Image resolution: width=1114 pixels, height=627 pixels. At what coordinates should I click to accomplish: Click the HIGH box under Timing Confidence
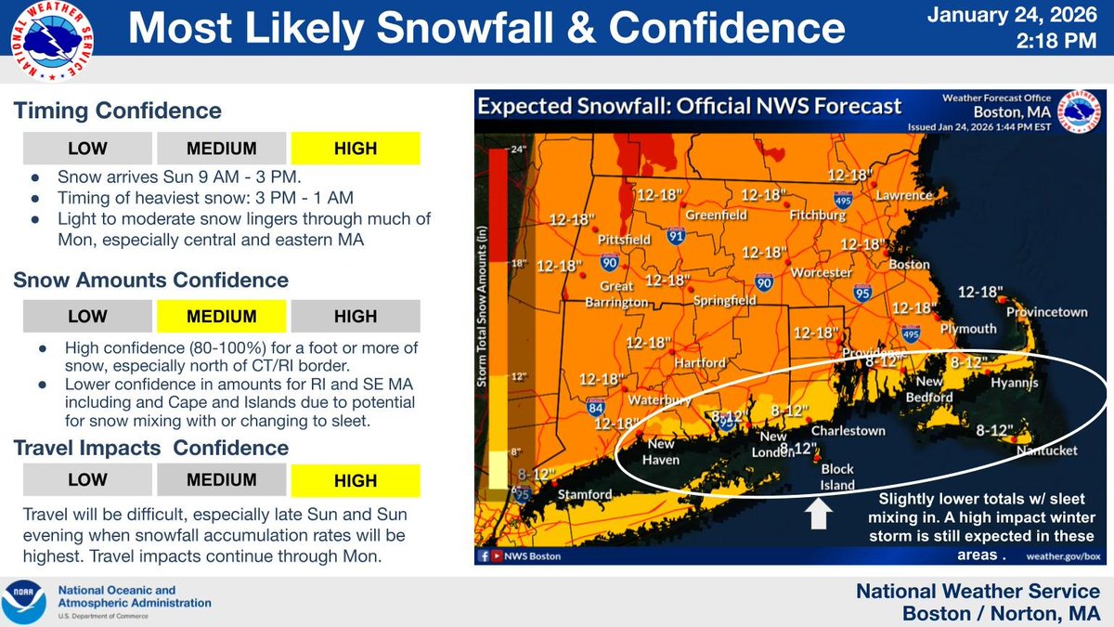coord(356,149)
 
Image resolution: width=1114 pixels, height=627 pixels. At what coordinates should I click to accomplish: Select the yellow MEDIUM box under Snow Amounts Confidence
coord(221,316)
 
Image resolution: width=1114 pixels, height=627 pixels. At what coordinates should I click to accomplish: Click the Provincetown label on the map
coord(1047,313)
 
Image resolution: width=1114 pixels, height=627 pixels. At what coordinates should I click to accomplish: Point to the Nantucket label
coord(1046,451)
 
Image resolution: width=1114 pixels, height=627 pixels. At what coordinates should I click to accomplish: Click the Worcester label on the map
coord(822,273)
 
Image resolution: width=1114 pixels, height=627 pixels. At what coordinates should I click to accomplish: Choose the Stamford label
coord(585,494)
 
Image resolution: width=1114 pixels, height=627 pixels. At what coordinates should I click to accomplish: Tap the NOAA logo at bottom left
coord(26,601)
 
